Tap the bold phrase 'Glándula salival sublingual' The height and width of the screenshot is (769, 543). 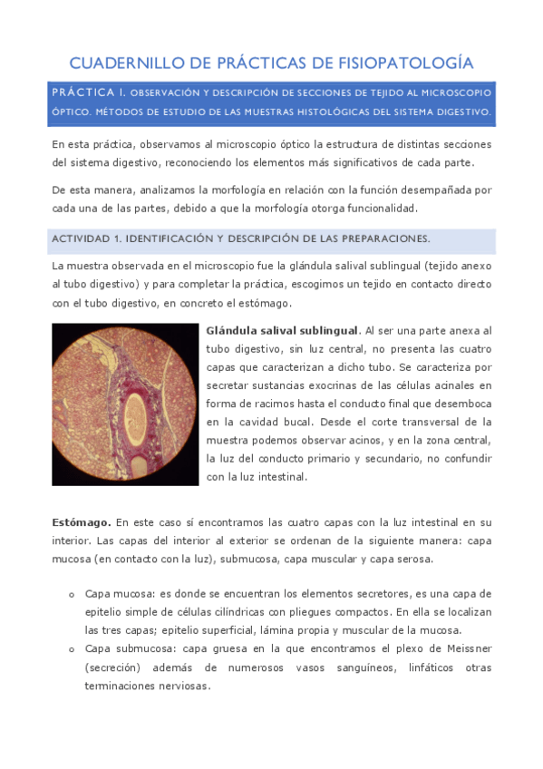[283, 330]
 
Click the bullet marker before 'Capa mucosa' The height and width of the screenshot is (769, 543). [72, 595]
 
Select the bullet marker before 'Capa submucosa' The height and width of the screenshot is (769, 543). [72, 649]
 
